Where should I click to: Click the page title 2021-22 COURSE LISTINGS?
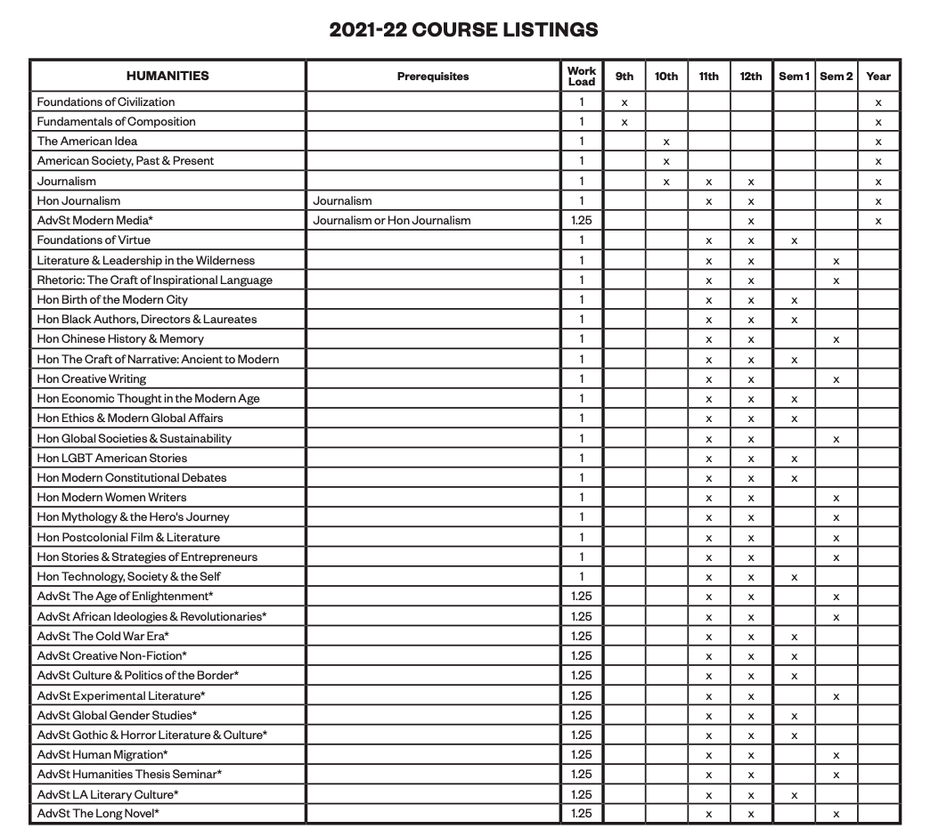pyautogui.click(x=463, y=29)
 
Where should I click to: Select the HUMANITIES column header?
pyautogui.click(x=167, y=76)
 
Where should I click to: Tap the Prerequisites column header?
pyautogui.click(x=433, y=77)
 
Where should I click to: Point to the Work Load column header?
pyautogui.click(x=581, y=76)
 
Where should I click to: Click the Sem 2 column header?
pyautogui.click(x=836, y=77)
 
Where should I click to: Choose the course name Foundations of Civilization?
pyautogui.click(x=106, y=102)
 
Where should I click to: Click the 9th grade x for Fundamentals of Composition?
pyautogui.click(x=625, y=122)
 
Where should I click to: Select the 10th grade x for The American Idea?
pyautogui.click(x=666, y=142)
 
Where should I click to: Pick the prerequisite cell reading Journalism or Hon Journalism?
pyautogui.click(x=392, y=220)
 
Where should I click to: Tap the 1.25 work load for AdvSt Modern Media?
pyautogui.click(x=581, y=220)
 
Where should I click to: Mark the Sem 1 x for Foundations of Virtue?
pyautogui.click(x=794, y=240)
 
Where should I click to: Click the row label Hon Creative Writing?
pyautogui.click(x=92, y=378)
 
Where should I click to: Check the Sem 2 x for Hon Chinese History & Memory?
pyautogui.click(x=836, y=339)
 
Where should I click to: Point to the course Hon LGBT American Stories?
pyautogui.click(x=112, y=458)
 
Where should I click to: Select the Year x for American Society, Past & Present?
pyautogui.click(x=878, y=161)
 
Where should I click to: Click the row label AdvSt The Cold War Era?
pyautogui.click(x=103, y=636)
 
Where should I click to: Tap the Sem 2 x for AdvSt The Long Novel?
pyautogui.click(x=836, y=814)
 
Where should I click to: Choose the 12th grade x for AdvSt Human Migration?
pyautogui.click(x=751, y=755)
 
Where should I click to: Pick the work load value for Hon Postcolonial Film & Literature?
pyautogui.click(x=581, y=537)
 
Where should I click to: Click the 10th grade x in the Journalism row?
pyautogui.click(x=666, y=182)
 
